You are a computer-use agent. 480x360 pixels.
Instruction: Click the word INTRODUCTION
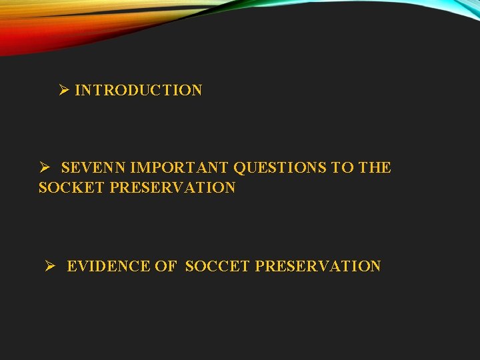[x=139, y=90]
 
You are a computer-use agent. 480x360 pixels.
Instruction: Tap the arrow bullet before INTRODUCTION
[x=64, y=89]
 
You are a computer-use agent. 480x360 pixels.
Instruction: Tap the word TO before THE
[x=343, y=167]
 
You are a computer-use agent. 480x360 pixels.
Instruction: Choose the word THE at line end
[x=375, y=167]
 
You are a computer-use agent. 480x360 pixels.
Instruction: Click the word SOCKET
[x=71, y=188]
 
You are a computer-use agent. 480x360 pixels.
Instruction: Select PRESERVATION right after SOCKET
[x=173, y=188]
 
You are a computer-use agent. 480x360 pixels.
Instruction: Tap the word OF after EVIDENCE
[x=165, y=266]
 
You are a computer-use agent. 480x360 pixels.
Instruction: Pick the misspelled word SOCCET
[x=217, y=266]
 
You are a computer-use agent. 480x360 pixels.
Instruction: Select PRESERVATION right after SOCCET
[x=318, y=266]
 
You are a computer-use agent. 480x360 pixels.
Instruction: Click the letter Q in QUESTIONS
[x=239, y=167]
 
